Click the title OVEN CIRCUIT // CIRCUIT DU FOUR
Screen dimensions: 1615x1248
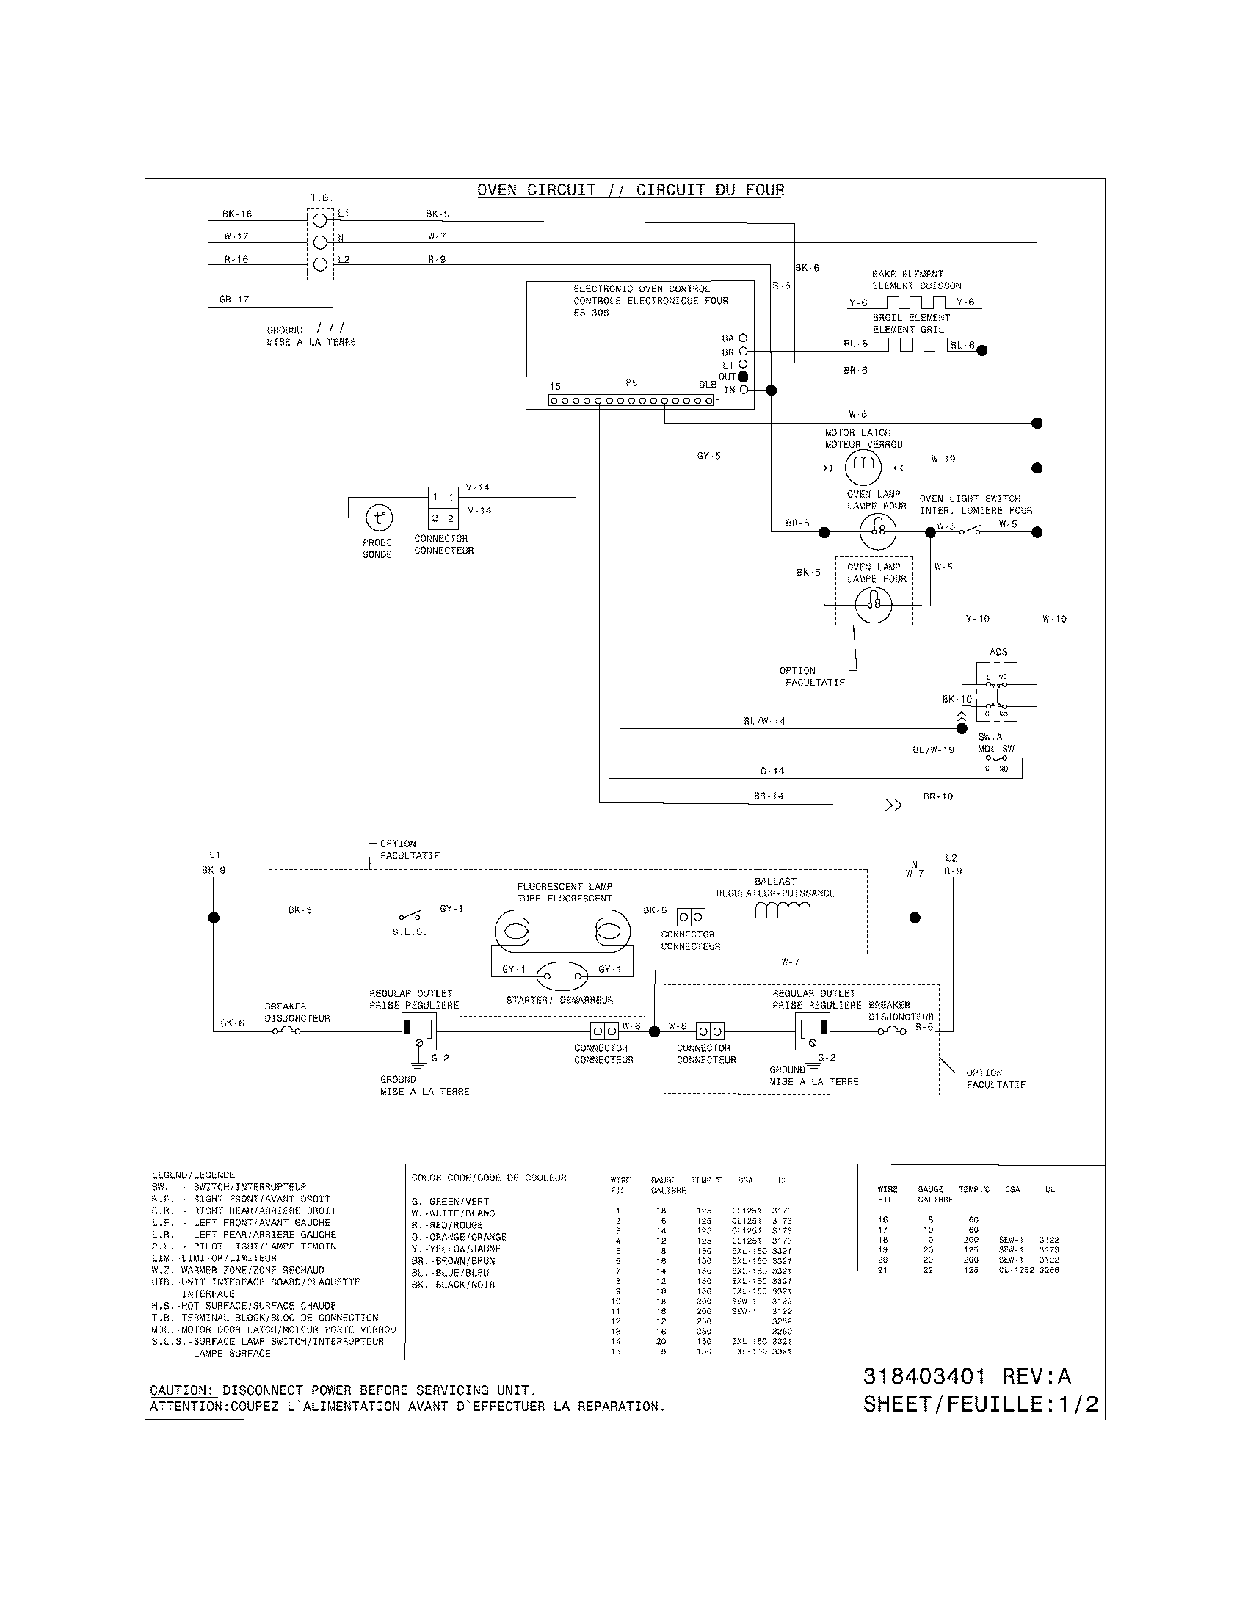pyautogui.click(x=630, y=190)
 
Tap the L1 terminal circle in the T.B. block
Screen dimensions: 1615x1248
pyautogui.click(x=320, y=219)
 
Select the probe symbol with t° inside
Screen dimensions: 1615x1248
pyautogui.click(x=380, y=518)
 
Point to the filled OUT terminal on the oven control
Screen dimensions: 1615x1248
pyautogui.click(x=743, y=377)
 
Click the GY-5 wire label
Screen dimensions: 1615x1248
pyautogui.click(x=708, y=457)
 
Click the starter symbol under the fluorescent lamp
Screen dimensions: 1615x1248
pyautogui.click(x=562, y=976)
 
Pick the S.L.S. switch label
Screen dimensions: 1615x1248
pyautogui.click(x=409, y=932)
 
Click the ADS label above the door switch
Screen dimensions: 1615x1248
pyautogui.click(x=998, y=651)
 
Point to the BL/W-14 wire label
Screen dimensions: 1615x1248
pyautogui.click(x=763, y=721)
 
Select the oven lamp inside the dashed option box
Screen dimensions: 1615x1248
pyautogui.click(x=874, y=606)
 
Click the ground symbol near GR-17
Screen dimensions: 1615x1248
pyautogui.click(x=330, y=327)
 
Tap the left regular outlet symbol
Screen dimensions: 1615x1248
pyautogui.click(x=418, y=1031)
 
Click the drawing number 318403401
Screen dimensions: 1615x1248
pyautogui.click(x=924, y=1376)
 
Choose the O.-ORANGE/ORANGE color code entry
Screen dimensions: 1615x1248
pyautogui.click(x=458, y=1236)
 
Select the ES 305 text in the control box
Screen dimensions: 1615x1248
pyautogui.click(x=591, y=313)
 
